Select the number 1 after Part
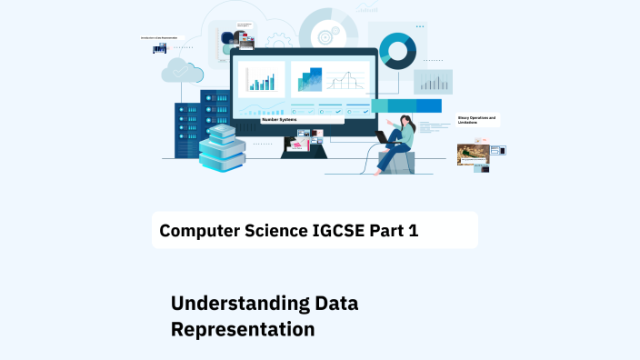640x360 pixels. click(414, 231)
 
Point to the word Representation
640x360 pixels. click(243, 329)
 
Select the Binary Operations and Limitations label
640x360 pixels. click(476, 119)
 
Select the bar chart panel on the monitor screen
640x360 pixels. click(262, 79)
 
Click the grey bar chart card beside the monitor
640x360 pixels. click(433, 82)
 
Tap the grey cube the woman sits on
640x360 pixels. click(397, 163)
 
